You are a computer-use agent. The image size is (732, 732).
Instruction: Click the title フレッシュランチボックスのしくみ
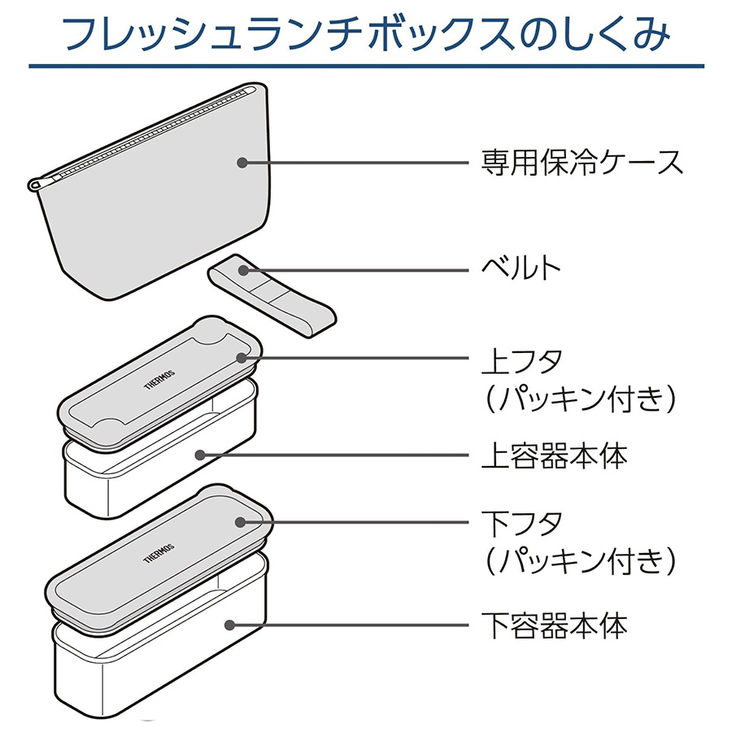365,34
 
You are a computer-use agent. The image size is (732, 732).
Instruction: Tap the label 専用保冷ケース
581,162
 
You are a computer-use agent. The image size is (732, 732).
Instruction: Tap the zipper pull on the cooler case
37,185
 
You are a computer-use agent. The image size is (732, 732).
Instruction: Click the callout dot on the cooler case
242,162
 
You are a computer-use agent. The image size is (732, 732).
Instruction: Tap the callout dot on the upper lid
242,357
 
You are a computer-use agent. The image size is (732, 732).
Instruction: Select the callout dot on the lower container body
230,625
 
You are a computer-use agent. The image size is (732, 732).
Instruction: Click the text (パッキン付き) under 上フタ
578,399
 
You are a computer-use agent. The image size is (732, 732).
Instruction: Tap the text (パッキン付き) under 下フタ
578,560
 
